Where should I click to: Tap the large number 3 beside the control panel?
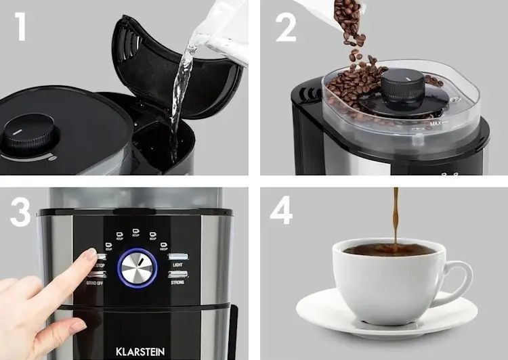(20, 211)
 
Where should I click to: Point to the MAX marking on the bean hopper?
(437, 125)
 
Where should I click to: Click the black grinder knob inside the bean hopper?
(402, 89)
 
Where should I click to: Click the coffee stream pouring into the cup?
(396, 217)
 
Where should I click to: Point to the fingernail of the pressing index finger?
(89, 255)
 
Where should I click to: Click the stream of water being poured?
(182, 95)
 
